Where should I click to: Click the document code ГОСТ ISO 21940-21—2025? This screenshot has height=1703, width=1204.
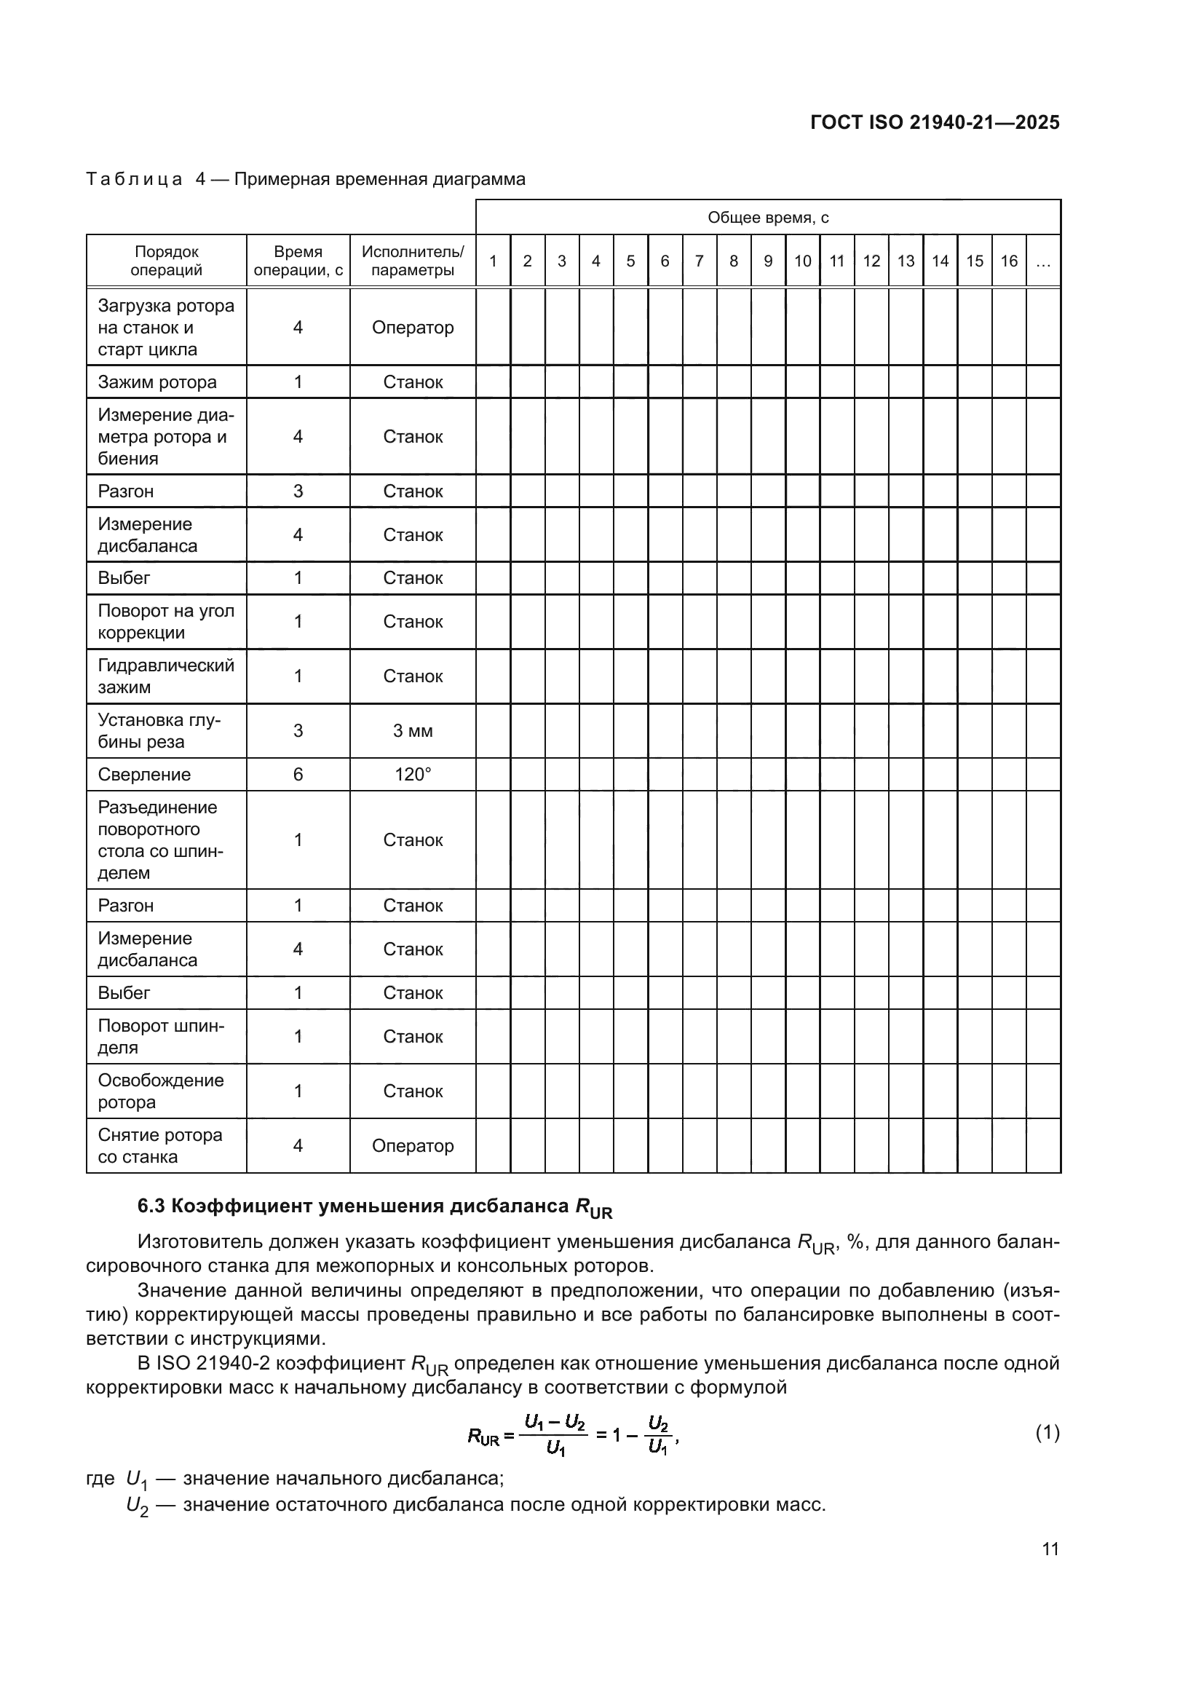click(934, 122)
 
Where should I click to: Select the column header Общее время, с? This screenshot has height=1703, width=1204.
click(767, 217)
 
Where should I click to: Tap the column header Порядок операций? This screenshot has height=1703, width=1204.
click(166, 261)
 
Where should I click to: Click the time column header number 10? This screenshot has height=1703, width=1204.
click(802, 261)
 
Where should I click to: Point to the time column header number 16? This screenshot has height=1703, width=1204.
click(1008, 261)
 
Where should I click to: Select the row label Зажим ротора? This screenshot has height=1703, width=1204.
click(157, 382)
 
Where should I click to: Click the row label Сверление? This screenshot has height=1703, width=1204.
click(144, 775)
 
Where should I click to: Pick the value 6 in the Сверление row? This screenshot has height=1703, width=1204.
click(298, 775)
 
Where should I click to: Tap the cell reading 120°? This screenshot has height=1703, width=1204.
click(412, 775)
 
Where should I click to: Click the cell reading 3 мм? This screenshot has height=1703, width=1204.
click(412, 730)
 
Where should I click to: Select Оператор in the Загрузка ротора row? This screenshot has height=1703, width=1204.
click(412, 327)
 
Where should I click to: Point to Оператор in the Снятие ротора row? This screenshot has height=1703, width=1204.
click(412, 1145)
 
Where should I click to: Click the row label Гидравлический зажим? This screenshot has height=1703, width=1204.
click(166, 676)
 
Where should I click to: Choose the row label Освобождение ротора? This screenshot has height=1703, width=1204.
click(161, 1091)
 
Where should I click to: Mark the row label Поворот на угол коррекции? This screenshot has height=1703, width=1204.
click(166, 622)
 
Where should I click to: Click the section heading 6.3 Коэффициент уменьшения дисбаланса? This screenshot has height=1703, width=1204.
click(374, 1206)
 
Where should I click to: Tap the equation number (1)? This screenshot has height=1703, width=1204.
click(1047, 1432)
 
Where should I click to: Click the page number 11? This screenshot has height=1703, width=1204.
click(1050, 1549)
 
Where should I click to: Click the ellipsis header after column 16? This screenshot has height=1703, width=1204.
click(1042, 261)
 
